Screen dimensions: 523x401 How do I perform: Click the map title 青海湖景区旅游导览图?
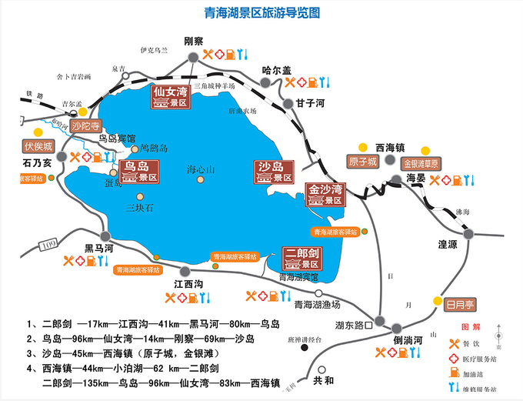(x=261, y=13)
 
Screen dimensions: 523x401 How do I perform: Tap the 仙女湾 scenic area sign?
(x=170, y=99)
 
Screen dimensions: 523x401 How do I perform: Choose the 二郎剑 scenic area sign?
(x=302, y=258)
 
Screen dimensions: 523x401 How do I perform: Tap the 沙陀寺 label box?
(x=85, y=125)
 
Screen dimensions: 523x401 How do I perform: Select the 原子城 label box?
(x=362, y=162)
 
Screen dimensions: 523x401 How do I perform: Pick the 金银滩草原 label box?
(x=421, y=163)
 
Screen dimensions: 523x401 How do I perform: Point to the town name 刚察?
(x=193, y=41)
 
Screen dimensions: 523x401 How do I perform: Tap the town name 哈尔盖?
(x=276, y=70)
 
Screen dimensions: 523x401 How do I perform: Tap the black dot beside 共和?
(x=306, y=368)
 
